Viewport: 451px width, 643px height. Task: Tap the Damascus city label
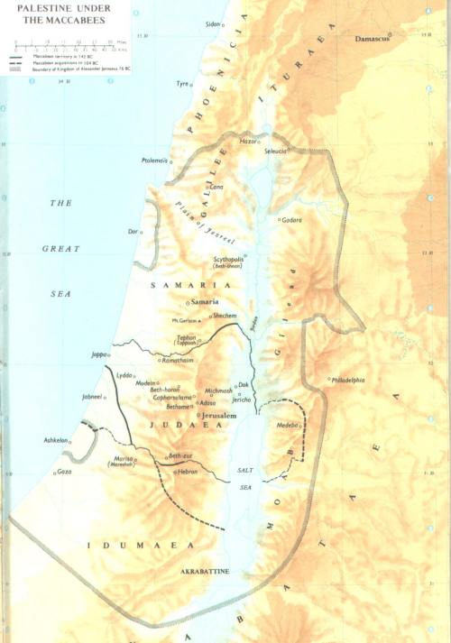pyautogui.click(x=373, y=41)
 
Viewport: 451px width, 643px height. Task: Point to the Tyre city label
pyautogui.click(x=183, y=83)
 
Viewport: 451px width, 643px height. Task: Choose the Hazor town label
pyautogui.click(x=248, y=142)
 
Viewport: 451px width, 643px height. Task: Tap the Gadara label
pyautogui.click(x=291, y=220)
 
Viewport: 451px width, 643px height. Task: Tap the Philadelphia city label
pyautogui.click(x=349, y=381)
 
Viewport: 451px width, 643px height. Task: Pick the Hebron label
pyautogui.click(x=189, y=472)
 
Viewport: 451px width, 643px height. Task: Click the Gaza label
pyautogui.click(x=63, y=472)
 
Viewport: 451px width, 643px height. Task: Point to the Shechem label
pyautogui.click(x=226, y=317)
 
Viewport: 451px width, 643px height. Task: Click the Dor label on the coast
pyautogui.click(x=133, y=232)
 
